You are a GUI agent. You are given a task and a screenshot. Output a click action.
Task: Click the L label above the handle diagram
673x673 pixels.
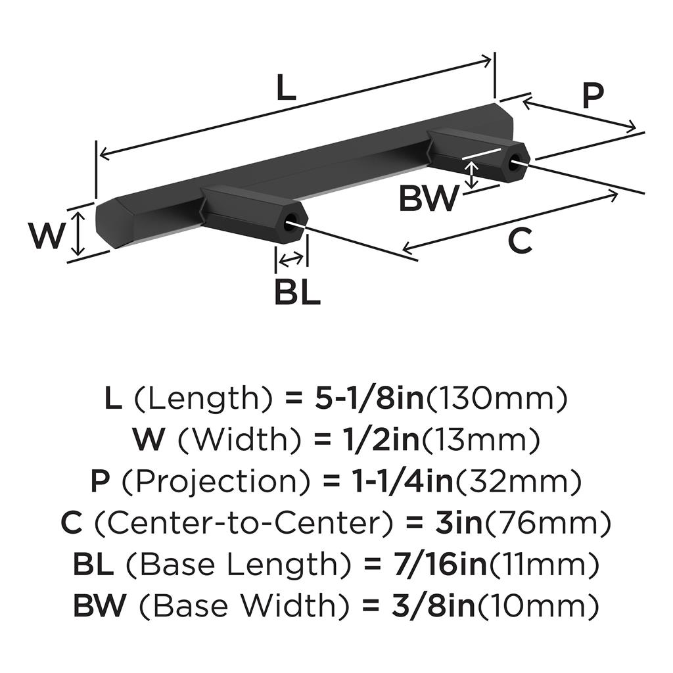pyautogui.click(x=285, y=88)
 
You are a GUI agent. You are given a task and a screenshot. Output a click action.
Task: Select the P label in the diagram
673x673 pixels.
pyautogui.click(x=592, y=96)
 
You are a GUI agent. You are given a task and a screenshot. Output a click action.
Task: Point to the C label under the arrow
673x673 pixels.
pyautogui.click(x=519, y=241)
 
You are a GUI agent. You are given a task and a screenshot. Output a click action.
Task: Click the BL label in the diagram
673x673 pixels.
pyautogui.click(x=297, y=292)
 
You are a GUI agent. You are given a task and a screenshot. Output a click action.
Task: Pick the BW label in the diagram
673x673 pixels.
pyautogui.click(x=428, y=198)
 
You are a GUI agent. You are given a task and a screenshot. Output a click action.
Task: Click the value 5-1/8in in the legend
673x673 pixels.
pyautogui.click(x=370, y=398)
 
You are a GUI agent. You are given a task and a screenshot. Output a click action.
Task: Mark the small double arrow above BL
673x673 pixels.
pyautogui.click(x=291, y=260)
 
